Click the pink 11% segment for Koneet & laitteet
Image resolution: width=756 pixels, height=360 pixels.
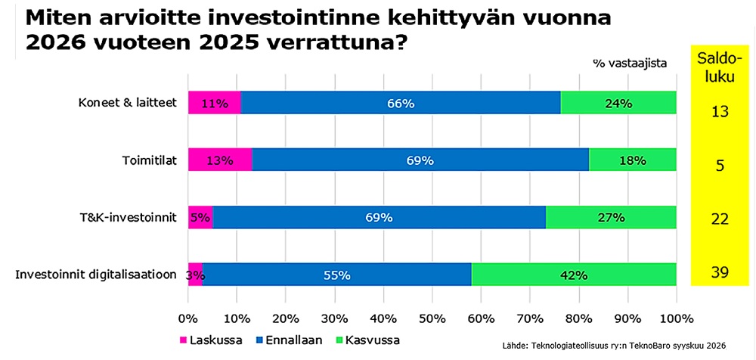tap(215, 102)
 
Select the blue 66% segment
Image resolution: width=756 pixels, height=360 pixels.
tap(401, 102)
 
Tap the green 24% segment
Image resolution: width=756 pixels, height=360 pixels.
tap(618, 102)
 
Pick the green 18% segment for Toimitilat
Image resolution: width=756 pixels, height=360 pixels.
tap(633, 160)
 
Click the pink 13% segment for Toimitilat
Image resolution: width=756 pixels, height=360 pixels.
tap(220, 160)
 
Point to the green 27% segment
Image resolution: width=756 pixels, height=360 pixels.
tap(612, 216)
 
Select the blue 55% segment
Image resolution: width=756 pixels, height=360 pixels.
tap(337, 274)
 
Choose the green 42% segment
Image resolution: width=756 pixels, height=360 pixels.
tap(575, 274)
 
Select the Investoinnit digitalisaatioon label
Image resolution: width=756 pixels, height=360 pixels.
tap(95, 275)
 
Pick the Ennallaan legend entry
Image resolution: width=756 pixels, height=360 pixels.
tap(287, 340)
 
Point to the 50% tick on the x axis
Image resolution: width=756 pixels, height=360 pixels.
tap(432, 318)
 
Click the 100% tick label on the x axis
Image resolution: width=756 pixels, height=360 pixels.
tap(677, 318)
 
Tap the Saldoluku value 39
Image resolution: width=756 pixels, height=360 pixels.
tap(720, 273)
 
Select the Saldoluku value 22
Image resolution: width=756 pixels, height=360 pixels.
tap(720, 219)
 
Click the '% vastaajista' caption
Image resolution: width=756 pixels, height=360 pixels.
tap(631, 64)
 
